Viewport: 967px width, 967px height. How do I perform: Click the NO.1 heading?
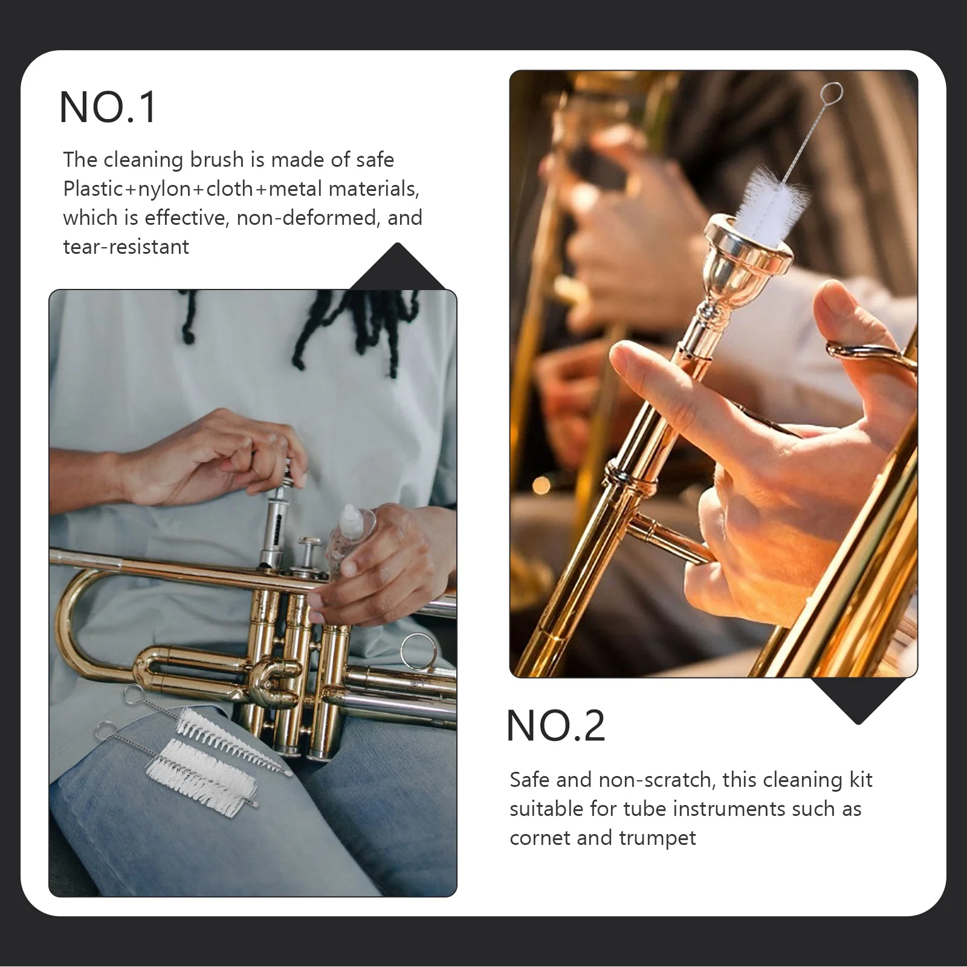coord(108,108)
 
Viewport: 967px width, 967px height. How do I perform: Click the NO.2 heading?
coord(555,726)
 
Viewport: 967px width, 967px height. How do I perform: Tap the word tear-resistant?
coord(126,247)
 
